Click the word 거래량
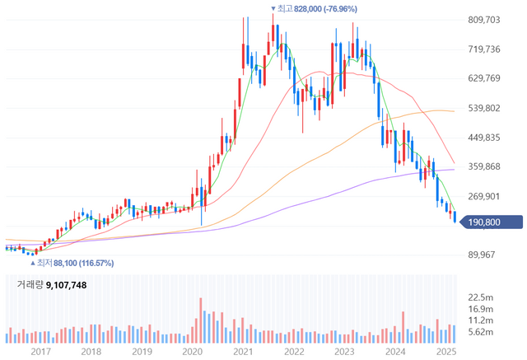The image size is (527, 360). tap(27, 285)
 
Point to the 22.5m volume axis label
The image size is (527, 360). tap(480, 297)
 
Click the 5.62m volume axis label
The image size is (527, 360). tap(480, 332)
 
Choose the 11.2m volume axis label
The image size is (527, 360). tap(480, 320)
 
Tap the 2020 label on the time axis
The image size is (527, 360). tap(192, 351)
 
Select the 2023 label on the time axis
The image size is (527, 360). tap(346, 351)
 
